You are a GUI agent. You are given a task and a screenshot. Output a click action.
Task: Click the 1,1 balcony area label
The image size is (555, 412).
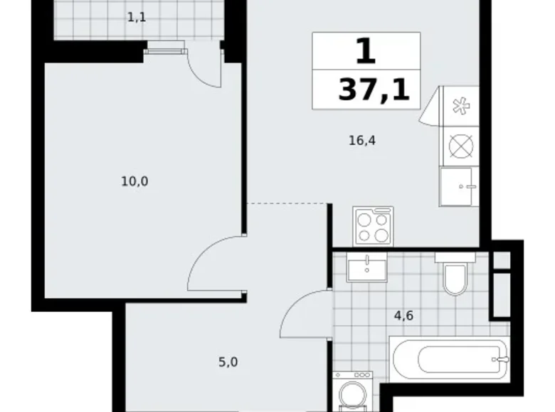click(x=137, y=17)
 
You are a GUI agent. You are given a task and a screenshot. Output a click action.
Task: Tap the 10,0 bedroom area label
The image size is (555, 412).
click(x=134, y=180)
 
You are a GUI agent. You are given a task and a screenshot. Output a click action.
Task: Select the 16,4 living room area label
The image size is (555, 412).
click(x=361, y=141)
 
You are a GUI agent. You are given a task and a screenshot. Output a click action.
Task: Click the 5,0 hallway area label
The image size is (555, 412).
click(x=228, y=362)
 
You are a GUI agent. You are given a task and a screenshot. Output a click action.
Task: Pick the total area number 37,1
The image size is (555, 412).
click(x=374, y=90)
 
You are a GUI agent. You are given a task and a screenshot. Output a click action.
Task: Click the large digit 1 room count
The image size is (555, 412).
click(x=366, y=52)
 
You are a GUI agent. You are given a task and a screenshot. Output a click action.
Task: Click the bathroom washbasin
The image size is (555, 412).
click(x=367, y=268)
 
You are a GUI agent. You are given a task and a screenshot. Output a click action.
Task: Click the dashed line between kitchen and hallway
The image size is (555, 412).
click(x=288, y=204)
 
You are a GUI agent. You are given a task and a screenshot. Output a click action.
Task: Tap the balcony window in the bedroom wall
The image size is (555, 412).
click(x=166, y=48)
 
